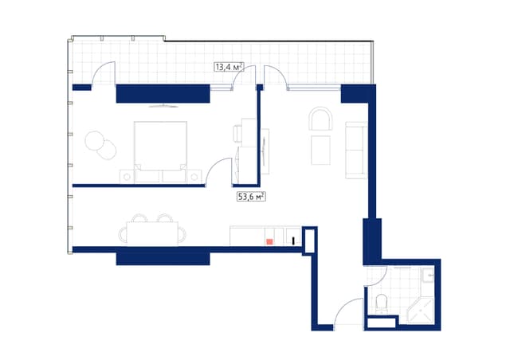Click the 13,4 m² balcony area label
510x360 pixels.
[x=228, y=68]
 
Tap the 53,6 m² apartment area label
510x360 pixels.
[x=250, y=196]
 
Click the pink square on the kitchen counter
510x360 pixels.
[x=270, y=239]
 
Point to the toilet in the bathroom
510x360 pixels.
[x=381, y=301]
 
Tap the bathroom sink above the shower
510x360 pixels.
[x=429, y=276]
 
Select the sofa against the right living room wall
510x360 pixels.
[x=355, y=150]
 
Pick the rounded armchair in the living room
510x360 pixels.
[x=323, y=120]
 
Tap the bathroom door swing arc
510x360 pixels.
[x=375, y=277]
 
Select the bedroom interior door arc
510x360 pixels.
[x=219, y=171]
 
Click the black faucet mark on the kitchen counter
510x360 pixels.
[x=293, y=239]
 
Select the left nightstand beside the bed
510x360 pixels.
[x=127, y=175]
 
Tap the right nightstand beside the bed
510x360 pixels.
[x=194, y=175]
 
